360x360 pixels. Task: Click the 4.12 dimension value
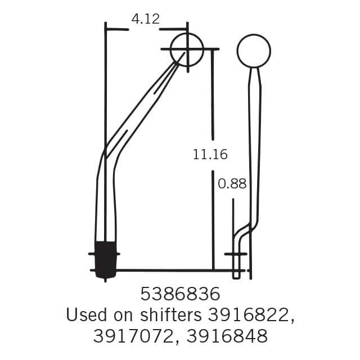pos(145,19)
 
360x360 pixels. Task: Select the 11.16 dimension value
pos(210,154)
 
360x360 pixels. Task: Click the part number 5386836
pos(179,294)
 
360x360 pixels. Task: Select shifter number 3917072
pos(135,336)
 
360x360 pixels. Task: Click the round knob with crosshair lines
pos(187,49)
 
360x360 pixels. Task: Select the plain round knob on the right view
pos(254,51)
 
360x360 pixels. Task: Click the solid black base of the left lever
pos(105,259)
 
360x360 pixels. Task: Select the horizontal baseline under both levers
pos(169,270)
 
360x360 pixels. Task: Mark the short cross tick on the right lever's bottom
pos(236,254)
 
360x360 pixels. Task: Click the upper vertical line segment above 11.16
pos(212,93)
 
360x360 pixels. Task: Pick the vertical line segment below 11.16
pos(213,225)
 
